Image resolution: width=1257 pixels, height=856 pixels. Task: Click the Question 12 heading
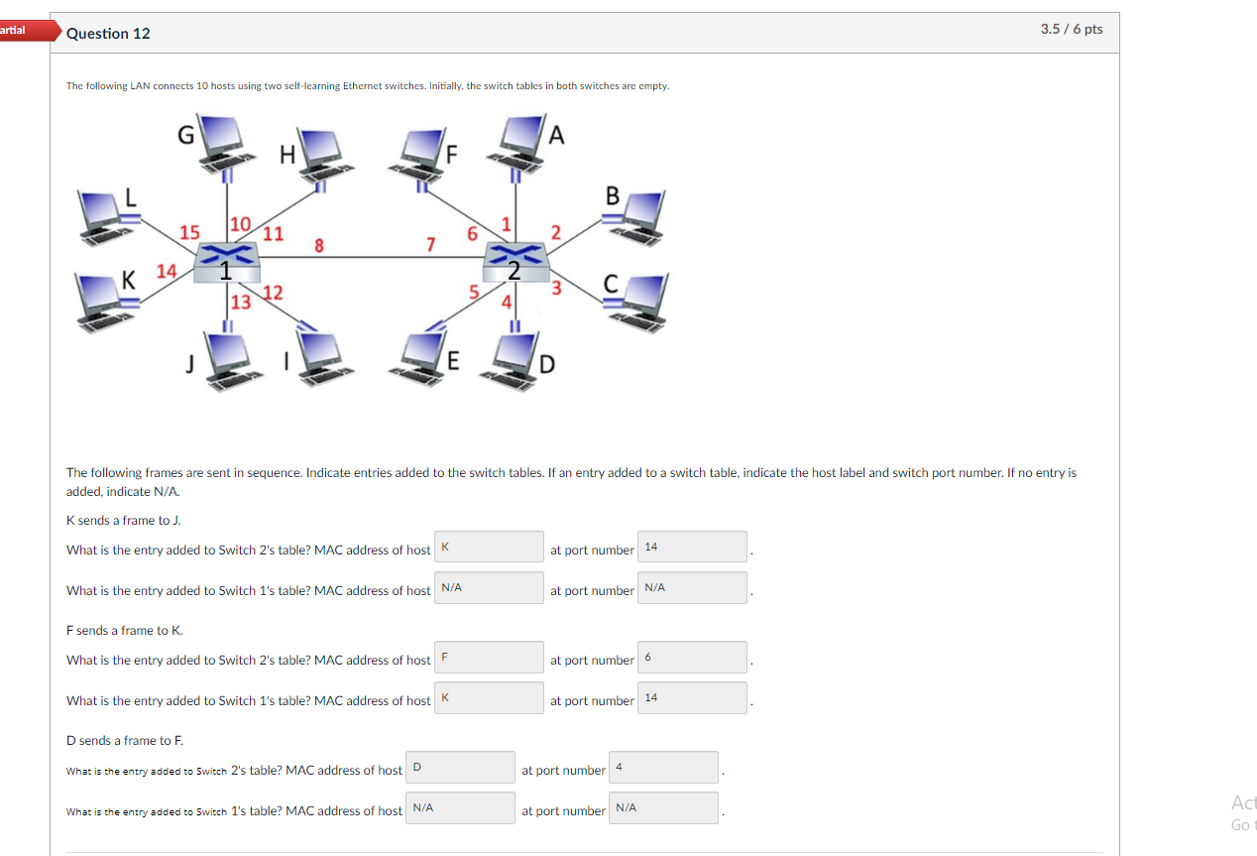click(x=109, y=34)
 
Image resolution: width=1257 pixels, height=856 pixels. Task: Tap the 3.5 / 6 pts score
click(x=1071, y=30)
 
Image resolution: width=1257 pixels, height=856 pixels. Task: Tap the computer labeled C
click(x=634, y=303)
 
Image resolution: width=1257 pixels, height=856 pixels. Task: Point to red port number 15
click(x=189, y=232)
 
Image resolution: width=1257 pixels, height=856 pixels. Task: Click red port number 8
click(x=318, y=245)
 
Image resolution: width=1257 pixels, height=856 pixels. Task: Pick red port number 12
click(x=274, y=293)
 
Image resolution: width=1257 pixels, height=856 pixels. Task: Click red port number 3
click(x=556, y=289)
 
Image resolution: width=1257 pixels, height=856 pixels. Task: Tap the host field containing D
click(x=460, y=767)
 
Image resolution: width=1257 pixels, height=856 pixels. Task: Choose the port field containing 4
click(x=662, y=767)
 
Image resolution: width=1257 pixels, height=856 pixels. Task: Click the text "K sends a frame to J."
click(x=124, y=520)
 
